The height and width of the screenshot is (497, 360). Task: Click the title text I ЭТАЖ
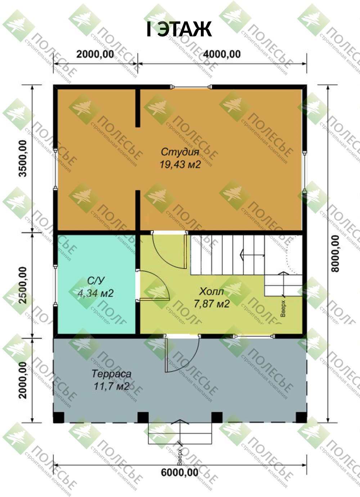click(179, 29)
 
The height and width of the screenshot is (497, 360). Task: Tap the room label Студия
click(180, 152)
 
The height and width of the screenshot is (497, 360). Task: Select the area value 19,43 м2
click(180, 165)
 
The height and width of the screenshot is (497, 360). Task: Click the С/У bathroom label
click(95, 281)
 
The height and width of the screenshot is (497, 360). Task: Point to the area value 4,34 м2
click(96, 293)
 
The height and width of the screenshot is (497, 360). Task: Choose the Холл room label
click(211, 292)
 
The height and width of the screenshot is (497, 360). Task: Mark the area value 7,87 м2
click(212, 304)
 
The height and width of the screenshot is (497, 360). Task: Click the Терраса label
click(111, 373)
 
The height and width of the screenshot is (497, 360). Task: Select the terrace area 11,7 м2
click(112, 386)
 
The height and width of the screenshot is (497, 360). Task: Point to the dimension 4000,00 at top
click(222, 54)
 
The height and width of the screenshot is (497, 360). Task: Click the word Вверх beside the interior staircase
click(283, 308)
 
